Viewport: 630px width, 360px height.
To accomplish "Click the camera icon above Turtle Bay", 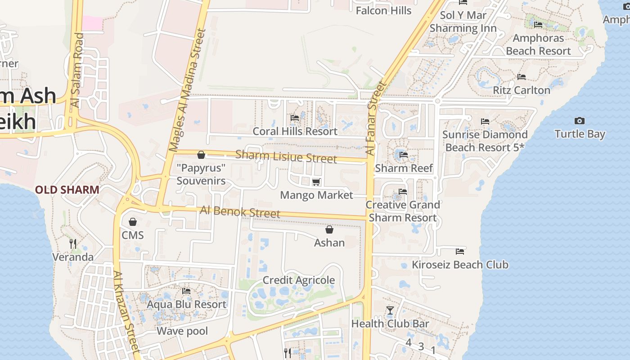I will [580, 121].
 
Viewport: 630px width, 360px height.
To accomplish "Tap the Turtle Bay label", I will [580, 134].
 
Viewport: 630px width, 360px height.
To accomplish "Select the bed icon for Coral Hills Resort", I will [295, 118].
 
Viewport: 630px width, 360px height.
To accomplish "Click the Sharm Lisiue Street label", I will [286, 157].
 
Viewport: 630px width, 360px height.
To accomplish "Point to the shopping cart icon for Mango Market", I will [316, 182].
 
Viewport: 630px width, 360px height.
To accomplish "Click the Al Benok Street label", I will [240, 211].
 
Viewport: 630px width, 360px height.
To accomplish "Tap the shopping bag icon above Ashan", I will [329, 230].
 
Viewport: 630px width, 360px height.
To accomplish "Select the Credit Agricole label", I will [298, 280].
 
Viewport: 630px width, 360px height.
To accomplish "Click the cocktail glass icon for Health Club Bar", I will [390, 310].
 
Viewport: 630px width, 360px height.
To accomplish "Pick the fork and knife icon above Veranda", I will [72, 243].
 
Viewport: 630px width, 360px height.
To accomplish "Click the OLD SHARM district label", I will [67, 190].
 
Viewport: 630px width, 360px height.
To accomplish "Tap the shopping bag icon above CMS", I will [132, 222].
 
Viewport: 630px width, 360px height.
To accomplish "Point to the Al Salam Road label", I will [77, 70].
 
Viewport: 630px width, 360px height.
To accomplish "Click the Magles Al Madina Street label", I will [187, 90].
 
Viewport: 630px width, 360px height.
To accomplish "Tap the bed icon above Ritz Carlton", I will [521, 77].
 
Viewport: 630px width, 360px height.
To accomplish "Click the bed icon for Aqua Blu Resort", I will [186, 291].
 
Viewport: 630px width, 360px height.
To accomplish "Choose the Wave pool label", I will [182, 332].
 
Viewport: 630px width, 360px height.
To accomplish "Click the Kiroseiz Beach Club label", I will [460, 265].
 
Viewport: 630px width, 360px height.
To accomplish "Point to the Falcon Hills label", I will [383, 10].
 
